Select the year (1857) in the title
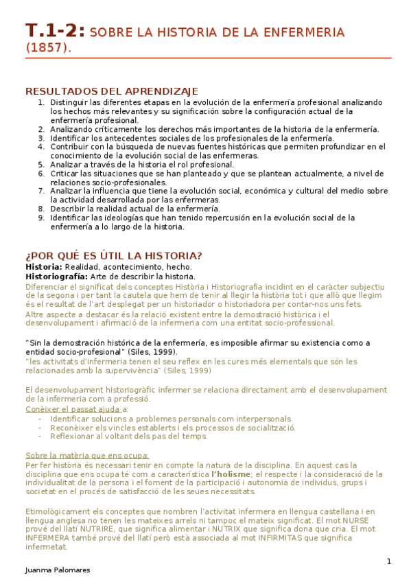(x=48, y=48)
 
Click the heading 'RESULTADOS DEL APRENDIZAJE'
(x=112, y=91)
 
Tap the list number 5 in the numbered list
(x=42, y=164)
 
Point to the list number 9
(x=42, y=218)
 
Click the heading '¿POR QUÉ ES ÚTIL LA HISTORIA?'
(x=114, y=256)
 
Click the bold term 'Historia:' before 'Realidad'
(x=44, y=266)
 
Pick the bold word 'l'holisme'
(x=231, y=474)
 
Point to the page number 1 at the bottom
(x=388, y=561)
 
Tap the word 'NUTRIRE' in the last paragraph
(x=102, y=529)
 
